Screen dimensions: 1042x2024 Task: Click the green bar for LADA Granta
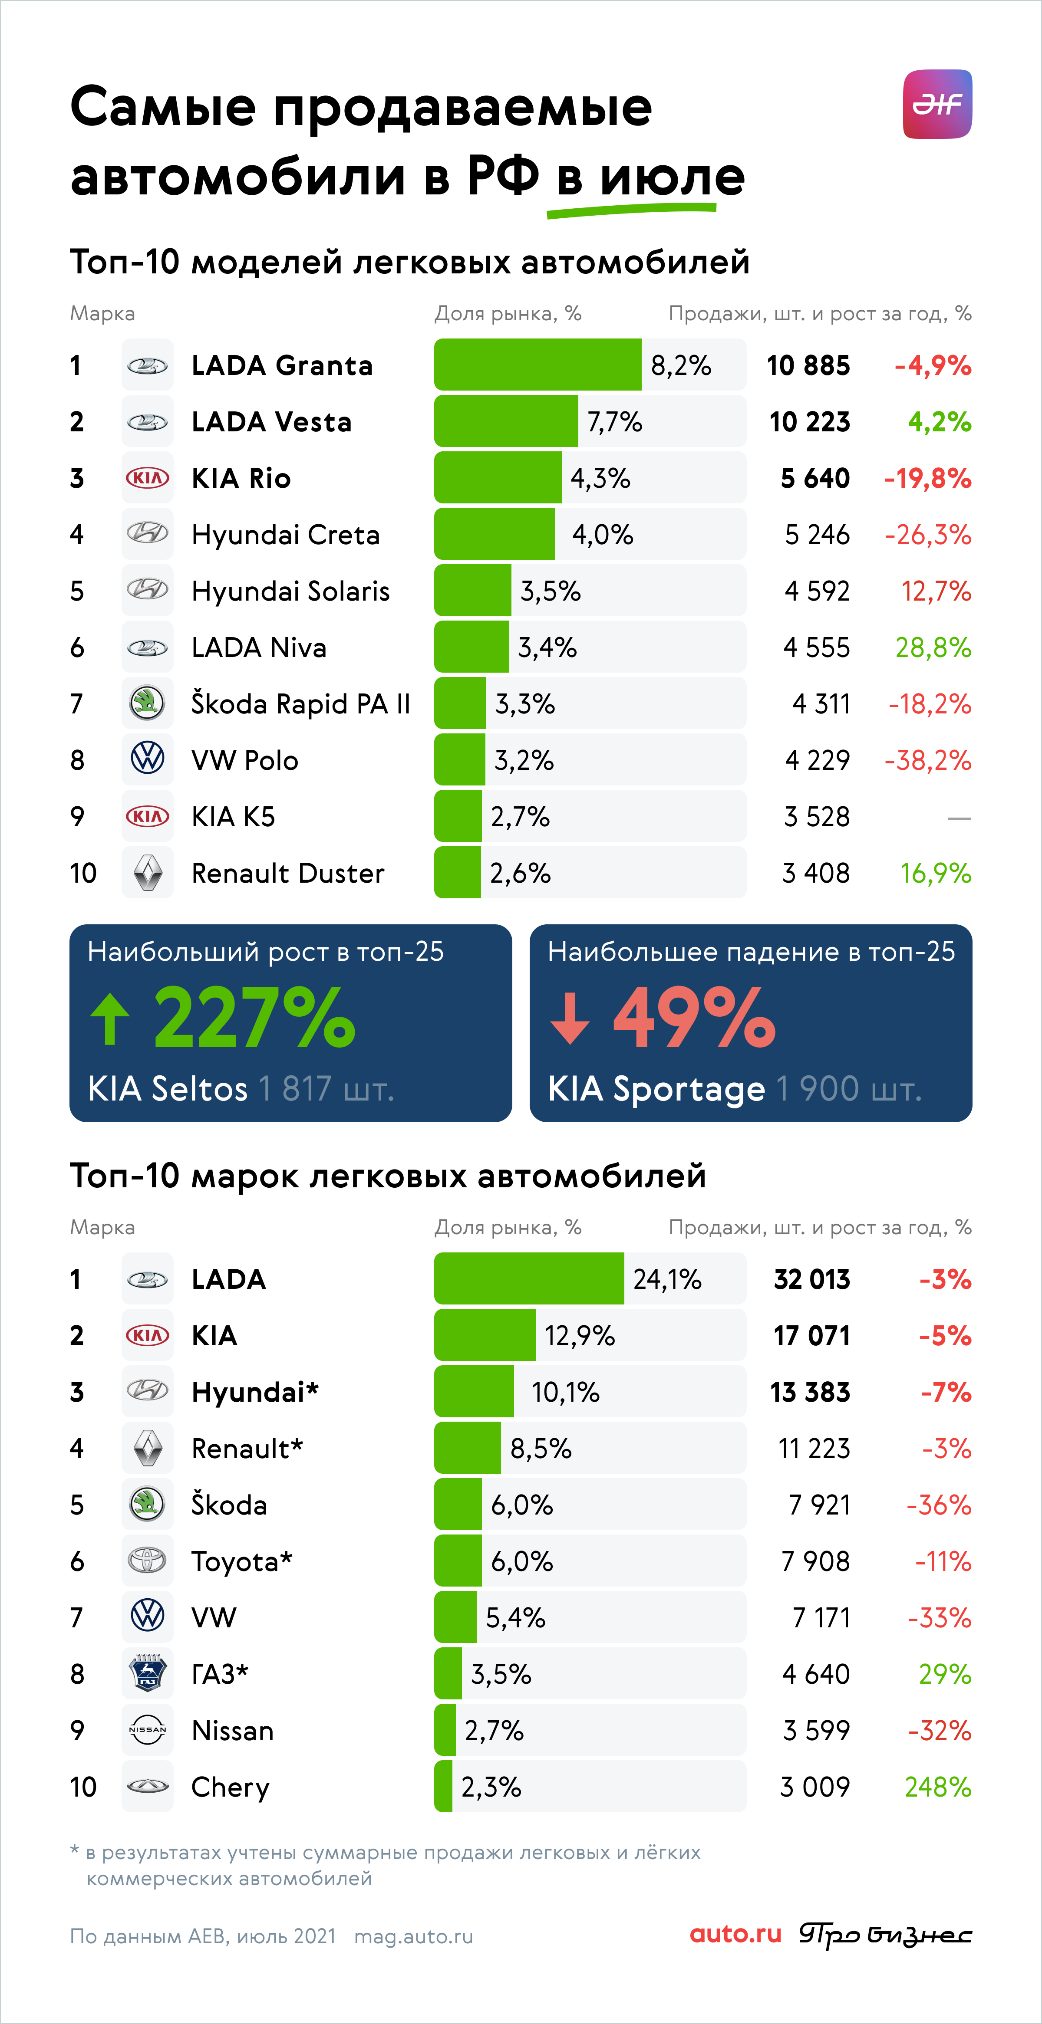537,365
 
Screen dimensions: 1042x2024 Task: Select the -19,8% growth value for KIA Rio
927,479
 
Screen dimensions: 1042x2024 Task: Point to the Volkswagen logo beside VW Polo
148,759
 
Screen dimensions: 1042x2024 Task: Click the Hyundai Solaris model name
291,591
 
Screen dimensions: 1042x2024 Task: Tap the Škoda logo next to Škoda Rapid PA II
148,703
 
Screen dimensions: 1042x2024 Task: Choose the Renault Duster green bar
457,872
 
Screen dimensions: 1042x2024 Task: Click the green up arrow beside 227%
110,1019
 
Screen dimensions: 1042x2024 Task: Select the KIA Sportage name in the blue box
656,1089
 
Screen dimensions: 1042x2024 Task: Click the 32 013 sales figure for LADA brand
812,1279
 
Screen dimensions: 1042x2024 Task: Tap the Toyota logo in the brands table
148,1561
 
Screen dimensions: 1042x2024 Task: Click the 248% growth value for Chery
938,1787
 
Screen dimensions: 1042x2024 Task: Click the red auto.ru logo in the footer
735,1934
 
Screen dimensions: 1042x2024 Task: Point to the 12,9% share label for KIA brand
580,1336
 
